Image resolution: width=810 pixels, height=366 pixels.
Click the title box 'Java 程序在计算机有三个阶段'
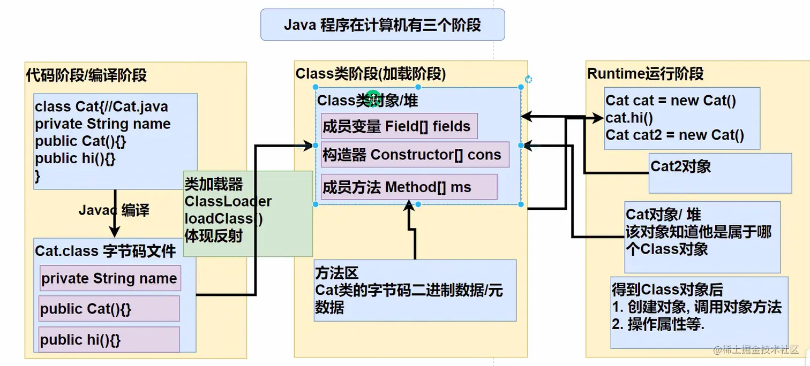[382, 25]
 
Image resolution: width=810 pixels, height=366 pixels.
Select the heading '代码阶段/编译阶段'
[86, 75]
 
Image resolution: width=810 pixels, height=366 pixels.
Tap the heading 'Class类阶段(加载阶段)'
[371, 74]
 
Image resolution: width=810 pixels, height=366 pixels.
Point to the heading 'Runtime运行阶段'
[645, 74]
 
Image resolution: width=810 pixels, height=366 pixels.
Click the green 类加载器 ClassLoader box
[247, 213]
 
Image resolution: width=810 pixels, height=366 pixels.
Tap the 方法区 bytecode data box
[415, 290]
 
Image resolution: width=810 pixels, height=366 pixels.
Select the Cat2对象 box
[719, 173]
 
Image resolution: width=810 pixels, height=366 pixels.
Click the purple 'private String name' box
[109, 278]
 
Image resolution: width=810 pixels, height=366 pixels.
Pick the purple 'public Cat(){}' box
[109, 309]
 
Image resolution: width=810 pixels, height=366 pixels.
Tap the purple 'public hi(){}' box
[109, 340]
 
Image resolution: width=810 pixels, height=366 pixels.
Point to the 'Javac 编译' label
[114, 210]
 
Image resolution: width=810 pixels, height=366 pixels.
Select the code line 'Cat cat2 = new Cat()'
[674, 135]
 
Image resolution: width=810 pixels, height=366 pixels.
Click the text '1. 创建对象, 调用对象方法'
[696, 307]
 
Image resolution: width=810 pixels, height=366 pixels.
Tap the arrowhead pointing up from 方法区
[409, 205]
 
